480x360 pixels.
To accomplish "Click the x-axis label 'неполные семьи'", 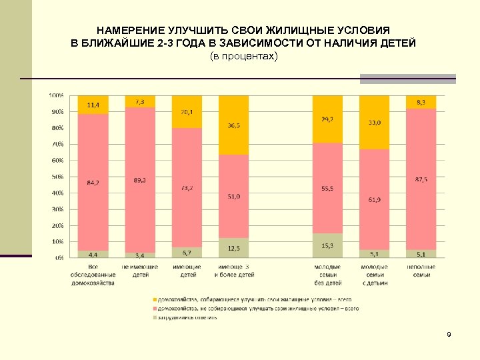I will pos(421,271).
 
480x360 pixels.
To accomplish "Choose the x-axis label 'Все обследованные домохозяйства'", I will pos(93,275).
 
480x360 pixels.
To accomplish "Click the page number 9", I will pos(449,334).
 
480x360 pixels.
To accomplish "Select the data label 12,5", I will pos(234,249).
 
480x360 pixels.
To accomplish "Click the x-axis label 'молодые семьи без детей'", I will pos(327,275).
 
